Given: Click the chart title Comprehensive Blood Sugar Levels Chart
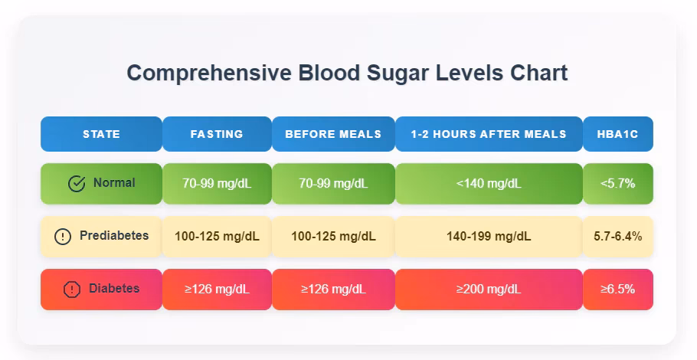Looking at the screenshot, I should click(x=347, y=74).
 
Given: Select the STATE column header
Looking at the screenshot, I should click(x=101, y=134).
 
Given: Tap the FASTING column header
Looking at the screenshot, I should click(x=217, y=134).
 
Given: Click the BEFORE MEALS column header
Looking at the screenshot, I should click(x=333, y=134).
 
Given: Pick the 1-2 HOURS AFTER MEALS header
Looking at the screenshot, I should click(x=489, y=134).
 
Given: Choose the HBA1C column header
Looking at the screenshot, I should click(x=617, y=134).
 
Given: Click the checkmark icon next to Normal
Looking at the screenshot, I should click(x=77, y=184).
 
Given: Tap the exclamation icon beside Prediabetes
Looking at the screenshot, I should click(x=63, y=237).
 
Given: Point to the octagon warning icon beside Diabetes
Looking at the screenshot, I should click(x=72, y=290).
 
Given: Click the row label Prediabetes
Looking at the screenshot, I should click(x=114, y=236).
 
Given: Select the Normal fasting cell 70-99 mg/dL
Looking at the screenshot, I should click(x=217, y=184).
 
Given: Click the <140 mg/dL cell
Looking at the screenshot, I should click(x=489, y=184).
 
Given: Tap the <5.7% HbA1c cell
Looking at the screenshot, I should click(x=617, y=184).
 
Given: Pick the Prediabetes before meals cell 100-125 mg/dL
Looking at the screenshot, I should click(x=333, y=237).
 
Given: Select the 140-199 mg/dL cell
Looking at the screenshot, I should click(x=489, y=237).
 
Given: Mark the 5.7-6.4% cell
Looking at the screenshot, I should click(x=617, y=237).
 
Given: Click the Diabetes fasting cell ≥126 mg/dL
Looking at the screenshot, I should click(x=217, y=290).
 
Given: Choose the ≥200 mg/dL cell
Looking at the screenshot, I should click(x=489, y=290).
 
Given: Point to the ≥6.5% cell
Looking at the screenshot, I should click(x=617, y=290).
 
